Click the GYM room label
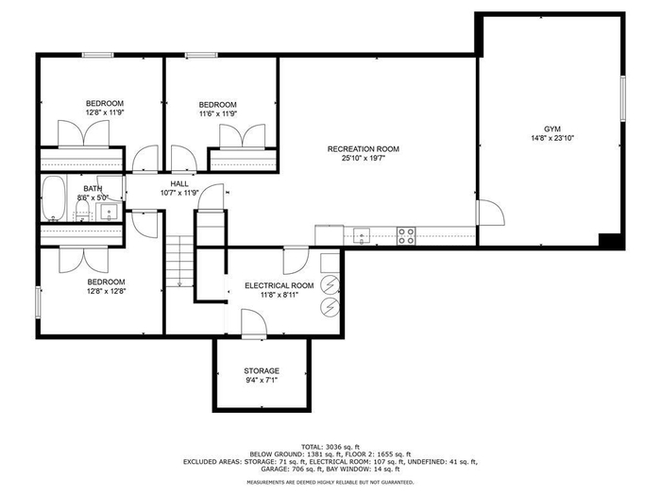click(552, 129)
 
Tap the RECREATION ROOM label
click(364, 149)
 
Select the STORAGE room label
click(262, 370)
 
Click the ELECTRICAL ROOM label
click(280, 285)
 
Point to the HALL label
click(179, 184)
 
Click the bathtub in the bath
click(54, 198)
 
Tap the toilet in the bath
click(83, 211)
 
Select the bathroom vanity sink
click(110, 212)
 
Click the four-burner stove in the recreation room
click(406, 236)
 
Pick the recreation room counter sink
click(362, 235)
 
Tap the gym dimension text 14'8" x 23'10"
click(552, 138)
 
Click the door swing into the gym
click(491, 213)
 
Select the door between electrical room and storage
click(254, 324)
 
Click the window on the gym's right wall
click(622, 98)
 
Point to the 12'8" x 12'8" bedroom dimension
click(106, 291)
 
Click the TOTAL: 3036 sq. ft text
click(330, 447)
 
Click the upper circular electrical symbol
click(330, 285)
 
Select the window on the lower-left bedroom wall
click(39, 302)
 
